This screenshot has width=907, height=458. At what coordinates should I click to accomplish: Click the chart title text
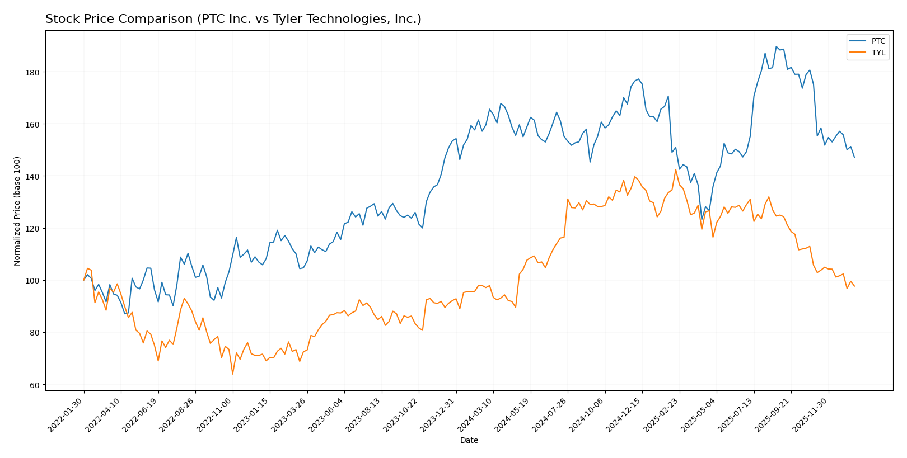(233, 19)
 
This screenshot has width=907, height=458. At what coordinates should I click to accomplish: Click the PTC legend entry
(878, 41)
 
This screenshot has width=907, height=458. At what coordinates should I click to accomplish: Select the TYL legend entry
(878, 53)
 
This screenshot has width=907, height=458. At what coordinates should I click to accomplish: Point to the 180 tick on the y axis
(34, 72)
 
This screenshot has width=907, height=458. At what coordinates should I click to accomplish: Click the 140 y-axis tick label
(34, 176)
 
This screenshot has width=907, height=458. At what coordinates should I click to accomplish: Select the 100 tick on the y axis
(34, 280)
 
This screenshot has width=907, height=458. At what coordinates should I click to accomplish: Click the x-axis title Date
(469, 441)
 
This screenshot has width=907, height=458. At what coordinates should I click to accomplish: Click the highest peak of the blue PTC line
(776, 46)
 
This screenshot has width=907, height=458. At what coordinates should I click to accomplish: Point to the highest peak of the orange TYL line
(676, 169)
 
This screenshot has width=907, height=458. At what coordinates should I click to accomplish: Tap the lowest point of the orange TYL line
(232, 374)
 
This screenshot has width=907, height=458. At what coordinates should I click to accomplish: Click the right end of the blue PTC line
(854, 158)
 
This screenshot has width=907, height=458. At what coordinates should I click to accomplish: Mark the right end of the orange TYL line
(854, 286)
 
